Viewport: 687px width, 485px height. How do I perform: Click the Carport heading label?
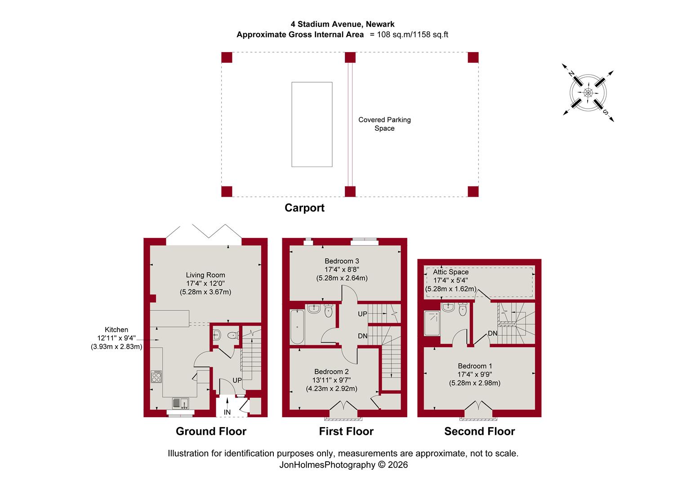[304, 208]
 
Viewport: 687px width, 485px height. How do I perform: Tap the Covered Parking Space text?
[384, 124]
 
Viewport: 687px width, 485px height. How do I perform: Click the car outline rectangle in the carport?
[312, 124]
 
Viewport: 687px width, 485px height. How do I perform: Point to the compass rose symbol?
[588, 93]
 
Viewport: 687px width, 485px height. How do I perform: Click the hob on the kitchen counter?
[156, 376]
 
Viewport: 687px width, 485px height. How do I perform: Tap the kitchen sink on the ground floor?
[180, 403]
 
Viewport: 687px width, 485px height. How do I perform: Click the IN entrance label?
[227, 412]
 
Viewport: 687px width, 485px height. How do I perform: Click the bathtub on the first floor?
[297, 326]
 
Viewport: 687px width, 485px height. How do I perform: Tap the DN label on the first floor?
[362, 336]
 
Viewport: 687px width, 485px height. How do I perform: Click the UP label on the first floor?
[362, 314]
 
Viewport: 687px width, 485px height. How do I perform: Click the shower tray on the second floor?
[432, 323]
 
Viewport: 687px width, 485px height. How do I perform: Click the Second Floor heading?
[479, 431]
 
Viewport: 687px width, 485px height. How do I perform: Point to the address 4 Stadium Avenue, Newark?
[342, 24]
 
